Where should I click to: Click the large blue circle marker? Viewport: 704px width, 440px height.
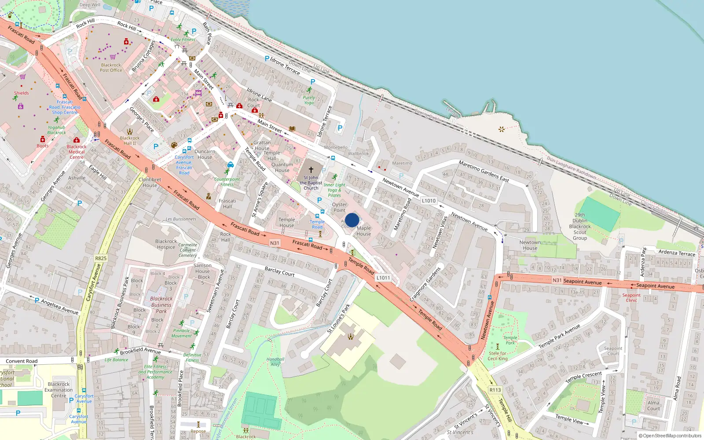[x=352, y=220]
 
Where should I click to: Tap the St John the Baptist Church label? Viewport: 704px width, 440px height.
[x=311, y=183]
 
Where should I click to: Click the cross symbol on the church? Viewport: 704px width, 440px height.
[x=311, y=170]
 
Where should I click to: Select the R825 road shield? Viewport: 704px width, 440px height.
[x=101, y=258]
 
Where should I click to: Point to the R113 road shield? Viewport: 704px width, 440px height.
[x=495, y=390]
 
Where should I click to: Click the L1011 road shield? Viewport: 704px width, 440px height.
[x=383, y=278]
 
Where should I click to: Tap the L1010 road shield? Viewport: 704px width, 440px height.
[x=429, y=201]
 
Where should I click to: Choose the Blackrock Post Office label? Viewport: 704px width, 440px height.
[x=111, y=67]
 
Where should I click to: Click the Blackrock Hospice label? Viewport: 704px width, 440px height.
[x=166, y=244]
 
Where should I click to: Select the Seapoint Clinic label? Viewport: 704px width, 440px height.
[x=631, y=297]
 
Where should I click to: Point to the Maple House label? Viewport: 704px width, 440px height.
[x=363, y=231]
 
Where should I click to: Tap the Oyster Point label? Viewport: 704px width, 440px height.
[x=339, y=207]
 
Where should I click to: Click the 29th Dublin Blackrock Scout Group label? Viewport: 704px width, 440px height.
[x=580, y=227]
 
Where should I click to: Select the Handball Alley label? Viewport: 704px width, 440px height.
[x=275, y=362]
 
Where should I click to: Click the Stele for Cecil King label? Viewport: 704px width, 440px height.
[x=498, y=356]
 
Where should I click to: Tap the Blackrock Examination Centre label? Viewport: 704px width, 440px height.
[x=59, y=390]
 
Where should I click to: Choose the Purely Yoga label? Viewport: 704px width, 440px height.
[x=309, y=100]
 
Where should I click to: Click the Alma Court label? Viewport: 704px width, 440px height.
[x=653, y=405]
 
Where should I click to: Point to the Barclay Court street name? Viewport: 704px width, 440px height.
[x=279, y=271]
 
